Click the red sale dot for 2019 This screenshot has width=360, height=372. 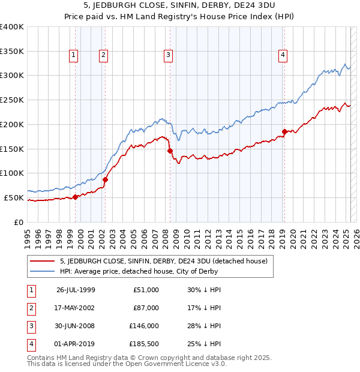pyautogui.click(x=284, y=131)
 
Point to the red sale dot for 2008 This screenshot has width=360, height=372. pyautogui.click(x=170, y=151)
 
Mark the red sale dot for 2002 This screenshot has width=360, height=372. pyautogui.click(x=105, y=179)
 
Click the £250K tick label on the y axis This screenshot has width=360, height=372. pyautogui.click(x=12, y=100)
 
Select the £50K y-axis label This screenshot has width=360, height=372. pyautogui.click(x=14, y=197)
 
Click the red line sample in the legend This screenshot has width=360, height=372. pyautogui.click(x=43, y=261)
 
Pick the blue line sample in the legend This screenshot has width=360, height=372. pyautogui.click(x=43, y=271)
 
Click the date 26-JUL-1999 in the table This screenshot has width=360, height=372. pyautogui.click(x=76, y=290)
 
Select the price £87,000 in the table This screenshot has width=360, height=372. pyautogui.click(x=146, y=308)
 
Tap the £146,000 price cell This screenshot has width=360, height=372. pyautogui.click(x=145, y=326)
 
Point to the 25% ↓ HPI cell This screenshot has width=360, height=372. pyautogui.click(x=205, y=344)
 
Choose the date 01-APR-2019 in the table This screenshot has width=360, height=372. pyautogui.click(x=76, y=344)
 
